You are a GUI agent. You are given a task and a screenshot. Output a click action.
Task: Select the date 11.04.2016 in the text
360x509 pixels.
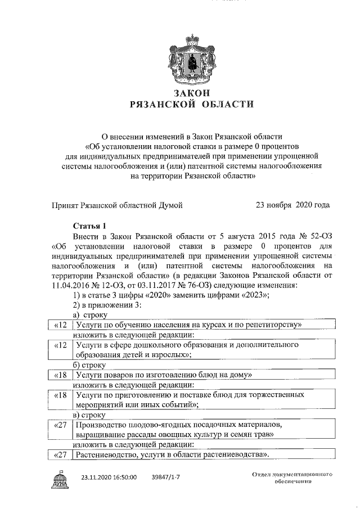pyautogui.click(x=71, y=285)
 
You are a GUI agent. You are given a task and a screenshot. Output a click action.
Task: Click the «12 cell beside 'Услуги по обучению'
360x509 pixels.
pyautogui.click(x=60, y=325)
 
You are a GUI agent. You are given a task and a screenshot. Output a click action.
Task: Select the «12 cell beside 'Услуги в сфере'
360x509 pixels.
pyautogui.click(x=60, y=345)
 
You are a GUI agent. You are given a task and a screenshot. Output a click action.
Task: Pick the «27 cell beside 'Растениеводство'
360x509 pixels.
pyautogui.click(x=60, y=454)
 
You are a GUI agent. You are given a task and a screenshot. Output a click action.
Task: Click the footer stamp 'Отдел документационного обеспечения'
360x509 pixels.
pyautogui.click(x=292, y=478)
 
